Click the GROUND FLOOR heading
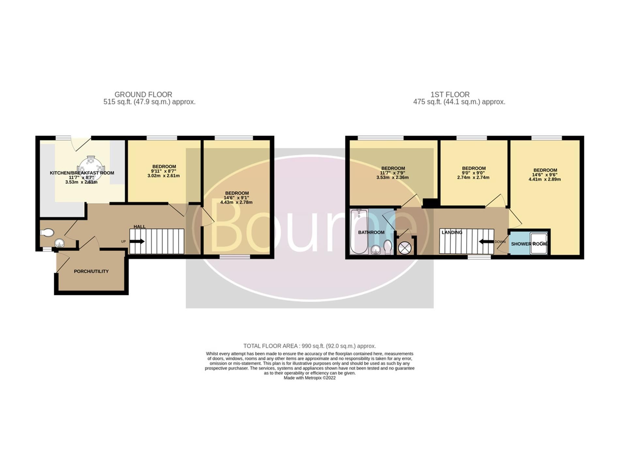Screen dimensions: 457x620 (x=143, y=95)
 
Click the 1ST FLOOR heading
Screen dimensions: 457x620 (x=450, y=95)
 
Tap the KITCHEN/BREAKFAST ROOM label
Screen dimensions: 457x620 (x=82, y=173)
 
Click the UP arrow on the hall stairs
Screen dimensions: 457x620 (x=137, y=242)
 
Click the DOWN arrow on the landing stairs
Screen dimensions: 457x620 (x=486, y=242)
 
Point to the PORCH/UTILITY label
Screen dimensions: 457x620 (x=91, y=271)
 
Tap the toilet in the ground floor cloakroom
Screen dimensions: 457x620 (x=47, y=232)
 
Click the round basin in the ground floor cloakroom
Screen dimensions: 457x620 (x=59, y=243)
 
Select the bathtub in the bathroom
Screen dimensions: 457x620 (x=359, y=232)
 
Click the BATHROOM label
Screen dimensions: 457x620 (x=371, y=232)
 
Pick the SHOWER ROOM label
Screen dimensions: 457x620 (x=529, y=244)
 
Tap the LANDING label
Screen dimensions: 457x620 (x=452, y=232)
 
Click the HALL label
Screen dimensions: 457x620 (x=139, y=227)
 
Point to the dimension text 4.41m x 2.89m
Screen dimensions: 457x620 (x=545, y=179)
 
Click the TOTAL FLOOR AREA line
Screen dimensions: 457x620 (x=309, y=346)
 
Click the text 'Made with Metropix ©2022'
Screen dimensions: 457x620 (x=309, y=378)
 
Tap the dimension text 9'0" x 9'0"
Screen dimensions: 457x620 (x=473, y=173)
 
